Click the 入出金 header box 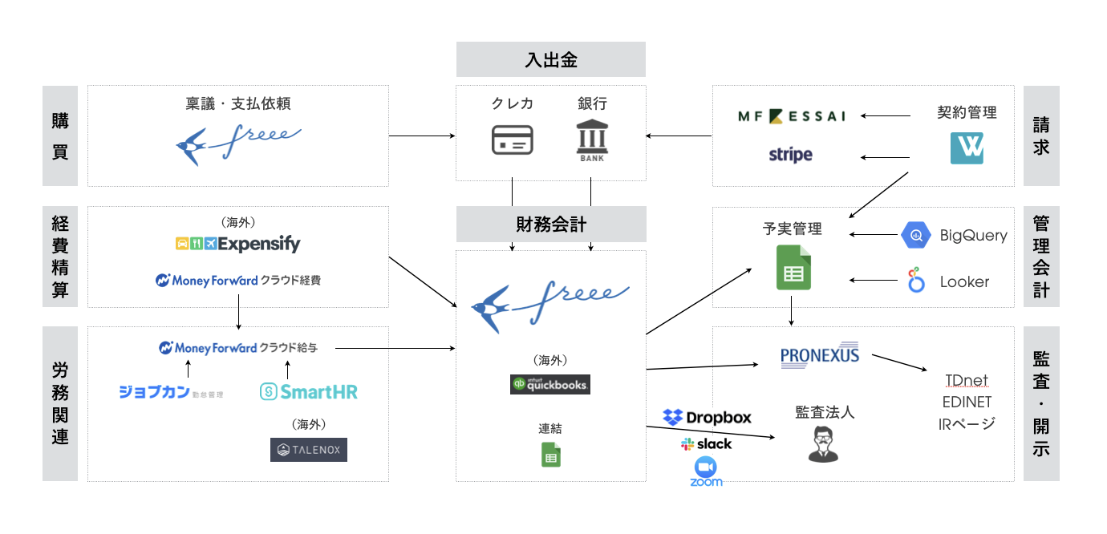551,59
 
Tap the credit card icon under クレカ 512,140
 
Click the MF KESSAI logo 792,116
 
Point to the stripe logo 790,155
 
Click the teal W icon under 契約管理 967,148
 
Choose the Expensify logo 237,244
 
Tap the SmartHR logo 309,391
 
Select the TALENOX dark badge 309,450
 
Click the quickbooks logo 550,384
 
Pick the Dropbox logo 707,417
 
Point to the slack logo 706,443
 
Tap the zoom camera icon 706,467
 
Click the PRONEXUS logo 819,354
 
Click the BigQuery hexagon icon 914,236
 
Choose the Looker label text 964,282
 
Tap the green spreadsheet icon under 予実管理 793,269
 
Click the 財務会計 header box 551,224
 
